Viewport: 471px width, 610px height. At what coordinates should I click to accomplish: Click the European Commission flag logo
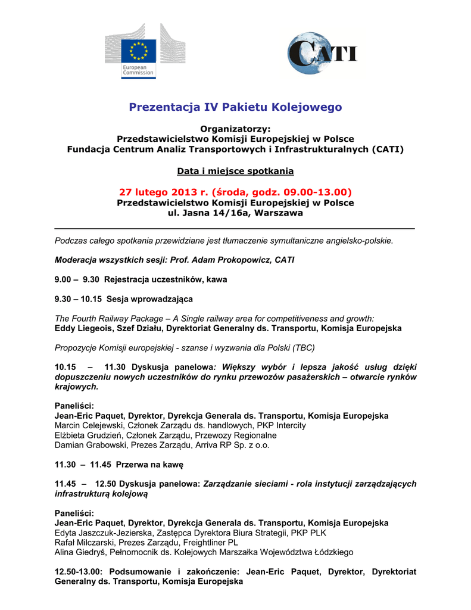pos(139,51)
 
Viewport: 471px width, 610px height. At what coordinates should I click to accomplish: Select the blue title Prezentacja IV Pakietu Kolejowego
pos(235,107)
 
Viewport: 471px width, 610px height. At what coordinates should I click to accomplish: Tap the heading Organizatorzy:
pos(235,129)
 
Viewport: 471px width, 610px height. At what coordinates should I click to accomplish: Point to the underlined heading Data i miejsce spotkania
pos(235,171)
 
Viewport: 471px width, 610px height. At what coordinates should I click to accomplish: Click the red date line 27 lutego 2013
pos(235,192)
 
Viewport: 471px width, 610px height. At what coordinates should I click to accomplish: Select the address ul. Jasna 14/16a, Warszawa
pos(235,213)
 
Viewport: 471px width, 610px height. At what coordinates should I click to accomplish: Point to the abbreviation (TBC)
pos(304,347)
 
